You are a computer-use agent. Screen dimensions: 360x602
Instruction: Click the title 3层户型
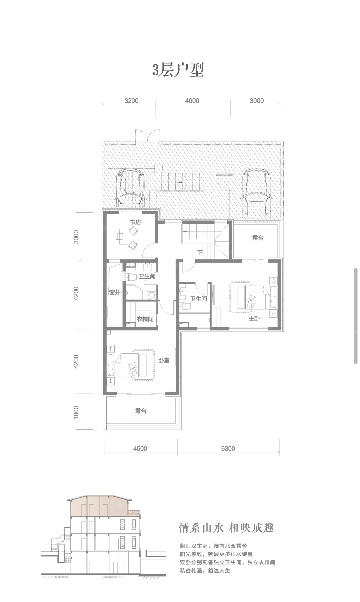click(178, 70)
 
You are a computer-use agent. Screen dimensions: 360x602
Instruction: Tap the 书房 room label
click(136, 222)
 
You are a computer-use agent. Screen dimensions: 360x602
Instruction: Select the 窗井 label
click(114, 292)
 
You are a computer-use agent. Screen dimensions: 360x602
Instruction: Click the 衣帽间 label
click(145, 319)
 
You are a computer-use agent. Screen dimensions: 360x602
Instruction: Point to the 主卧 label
click(254, 319)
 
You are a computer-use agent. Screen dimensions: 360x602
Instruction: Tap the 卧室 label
click(164, 360)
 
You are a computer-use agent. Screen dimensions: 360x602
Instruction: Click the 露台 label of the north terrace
click(258, 238)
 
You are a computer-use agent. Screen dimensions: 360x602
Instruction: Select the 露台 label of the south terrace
click(141, 411)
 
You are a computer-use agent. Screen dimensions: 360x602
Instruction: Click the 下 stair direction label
click(200, 253)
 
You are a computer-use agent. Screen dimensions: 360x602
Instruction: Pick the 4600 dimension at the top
click(192, 101)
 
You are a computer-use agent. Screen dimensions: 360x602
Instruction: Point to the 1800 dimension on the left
click(76, 412)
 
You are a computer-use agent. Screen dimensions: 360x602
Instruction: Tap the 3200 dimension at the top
click(131, 101)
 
